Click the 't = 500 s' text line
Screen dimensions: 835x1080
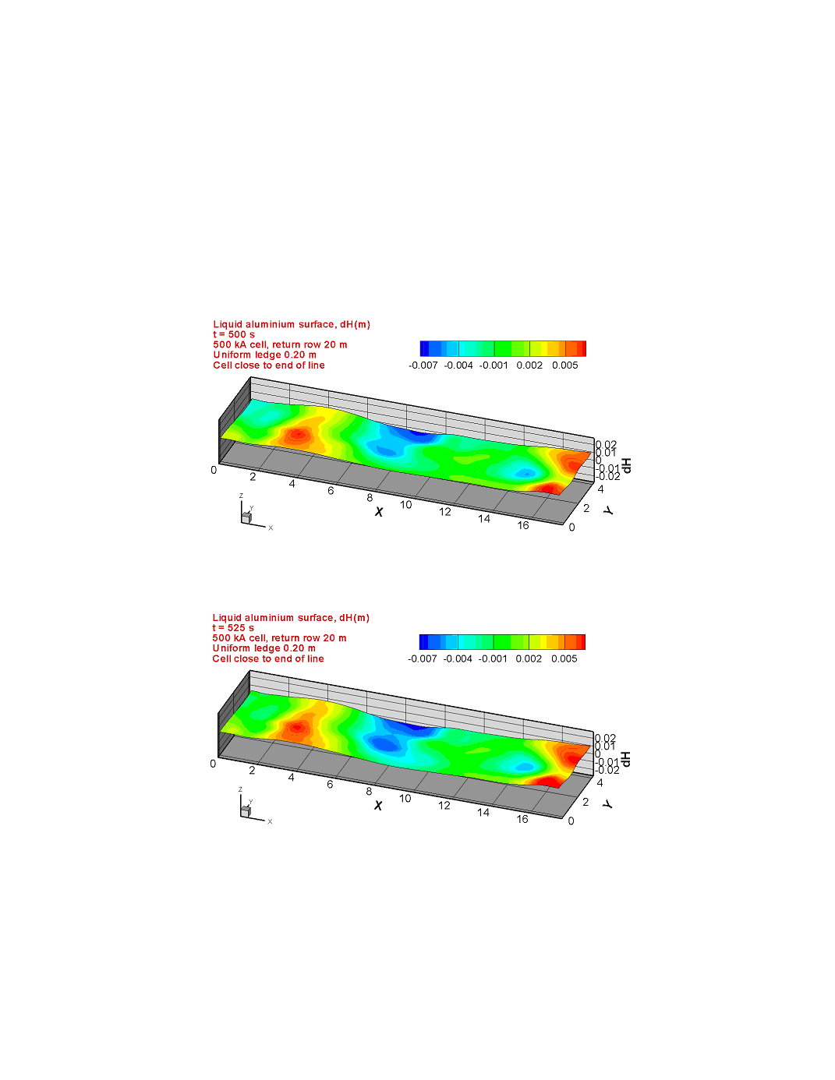pyautogui.click(x=234, y=334)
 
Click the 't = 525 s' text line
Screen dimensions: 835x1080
pyautogui.click(x=233, y=628)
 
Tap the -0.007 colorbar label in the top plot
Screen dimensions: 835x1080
pyautogui.click(x=423, y=365)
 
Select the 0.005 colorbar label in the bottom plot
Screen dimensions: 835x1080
pyautogui.click(x=564, y=658)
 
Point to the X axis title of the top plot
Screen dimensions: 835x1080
pyautogui.click(x=379, y=511)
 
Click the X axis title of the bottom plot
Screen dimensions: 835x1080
pyautogui.click(x=378, y=805)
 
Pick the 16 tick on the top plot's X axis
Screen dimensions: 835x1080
pyautogui.click(x=522, y=525)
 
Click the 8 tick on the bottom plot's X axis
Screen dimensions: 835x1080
pyautogui.click(x=369, y=791)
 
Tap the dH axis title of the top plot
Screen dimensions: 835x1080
pyautogui.click(x=627, y=465)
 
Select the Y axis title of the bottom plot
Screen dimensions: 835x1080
pyautogui.click(x=607, y=803)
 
